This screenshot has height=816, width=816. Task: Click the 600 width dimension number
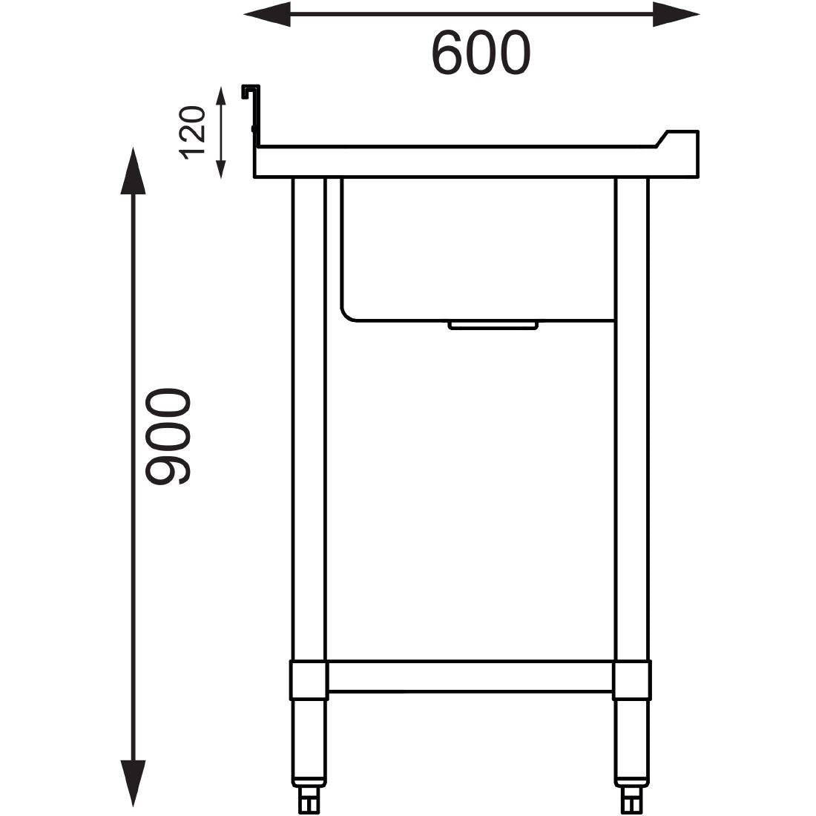tap(481, 53)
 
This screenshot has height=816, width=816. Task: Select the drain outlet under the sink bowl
tap(493, 325)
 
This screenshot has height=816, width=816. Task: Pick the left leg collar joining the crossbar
tap(309, 681)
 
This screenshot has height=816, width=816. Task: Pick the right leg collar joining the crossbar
tap(632, 681)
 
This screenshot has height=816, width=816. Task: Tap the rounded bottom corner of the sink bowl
tap(349, 312)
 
